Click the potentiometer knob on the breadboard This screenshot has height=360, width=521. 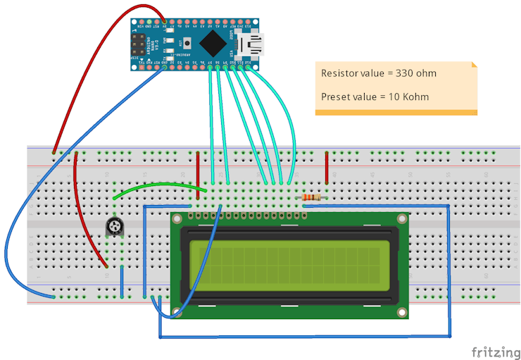tap(114, 226)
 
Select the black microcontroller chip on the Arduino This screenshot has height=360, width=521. tap(213, 44)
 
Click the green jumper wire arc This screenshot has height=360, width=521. tap(158, 187)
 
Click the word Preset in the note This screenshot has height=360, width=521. tap(336, 97)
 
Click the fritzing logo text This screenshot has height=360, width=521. tap(496, 350)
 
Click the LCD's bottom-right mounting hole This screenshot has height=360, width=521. tap(402, 311)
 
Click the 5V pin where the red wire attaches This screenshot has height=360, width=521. tap(165, 23)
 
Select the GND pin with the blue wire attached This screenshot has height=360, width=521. tap(165, 67)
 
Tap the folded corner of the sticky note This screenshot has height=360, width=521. tap(473, 66)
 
